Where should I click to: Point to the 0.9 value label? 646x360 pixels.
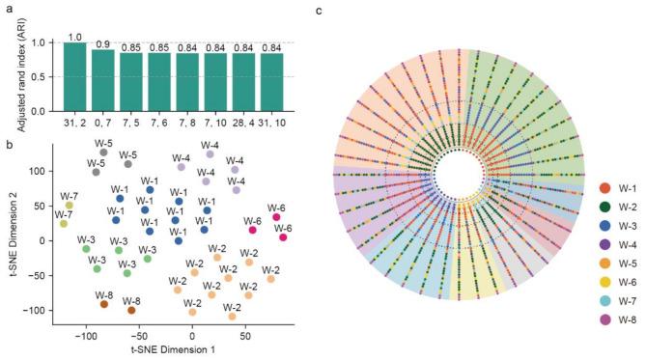coord(102,44)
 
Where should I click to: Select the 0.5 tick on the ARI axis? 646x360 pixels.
coord(52,77)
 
